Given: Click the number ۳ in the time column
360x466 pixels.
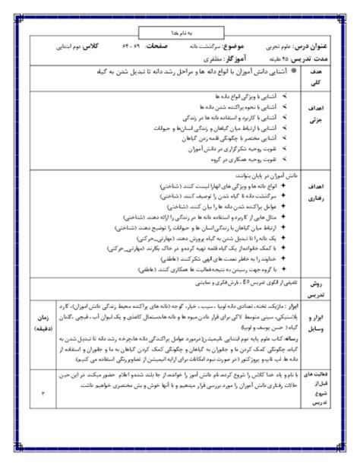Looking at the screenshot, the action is click(43, 393).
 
